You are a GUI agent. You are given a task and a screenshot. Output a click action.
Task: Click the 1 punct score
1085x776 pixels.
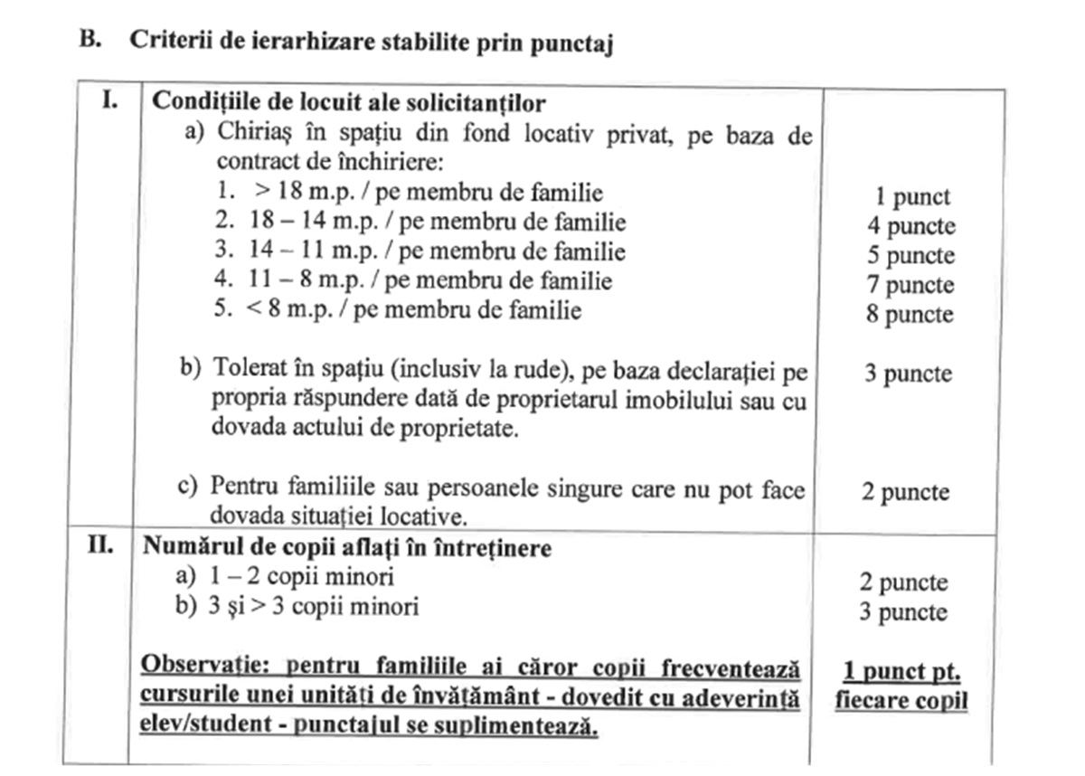pos(911,196)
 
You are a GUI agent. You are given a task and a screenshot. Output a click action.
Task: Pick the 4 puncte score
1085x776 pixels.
pos(910,225)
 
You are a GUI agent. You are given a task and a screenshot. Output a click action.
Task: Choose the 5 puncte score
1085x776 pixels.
pos(910,255)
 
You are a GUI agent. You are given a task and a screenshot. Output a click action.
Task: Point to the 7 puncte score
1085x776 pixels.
pos(910,285)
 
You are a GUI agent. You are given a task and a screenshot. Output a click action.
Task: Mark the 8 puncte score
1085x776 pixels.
pos(910,315)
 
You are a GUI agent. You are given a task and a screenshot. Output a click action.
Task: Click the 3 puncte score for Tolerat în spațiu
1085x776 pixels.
pos(908,373)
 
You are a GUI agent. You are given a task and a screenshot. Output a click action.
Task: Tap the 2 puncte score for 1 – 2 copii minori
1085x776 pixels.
pos(903,582)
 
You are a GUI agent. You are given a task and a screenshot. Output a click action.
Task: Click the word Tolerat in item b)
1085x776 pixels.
pos(245,370)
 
